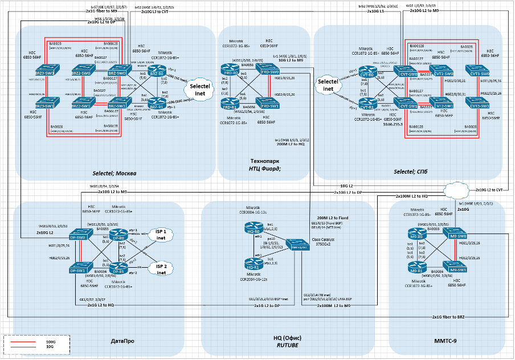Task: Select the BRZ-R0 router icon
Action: coord(156,72)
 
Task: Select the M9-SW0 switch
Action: coord(457,236)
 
